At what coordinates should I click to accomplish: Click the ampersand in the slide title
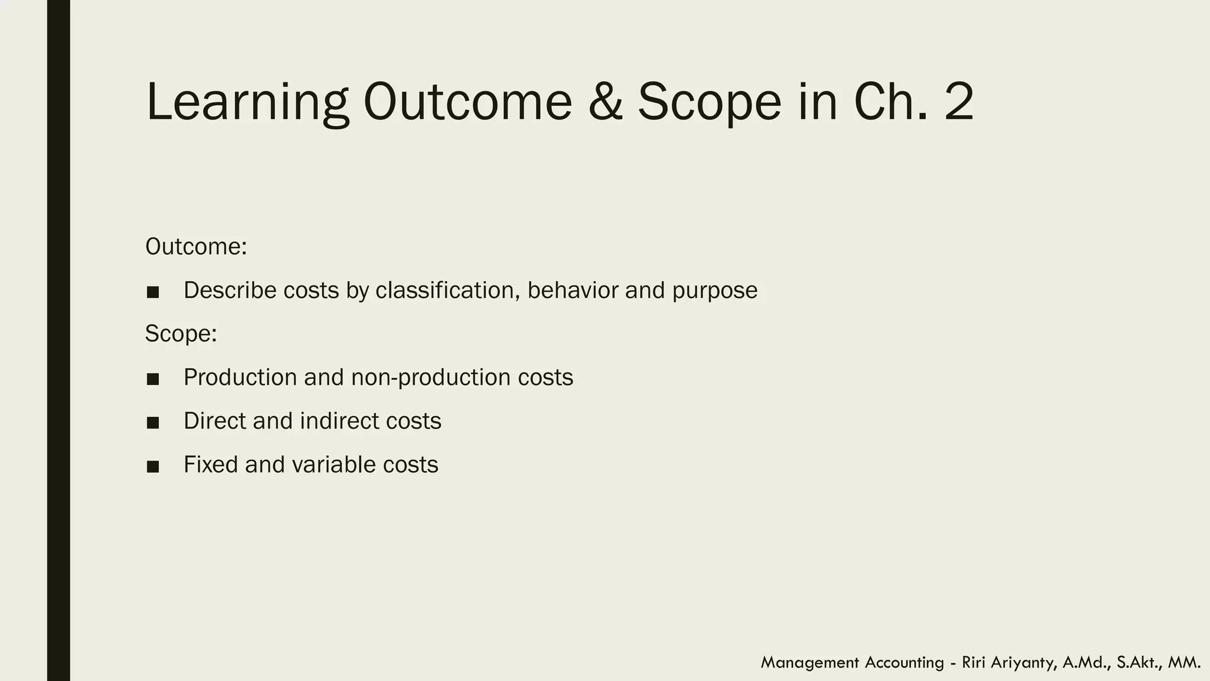(x=605, y=102)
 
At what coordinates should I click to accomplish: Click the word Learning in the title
(x=247, y=102)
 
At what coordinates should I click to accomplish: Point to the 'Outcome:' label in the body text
(x=196, y=247)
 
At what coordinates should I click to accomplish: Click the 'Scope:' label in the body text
(x=181, y=333)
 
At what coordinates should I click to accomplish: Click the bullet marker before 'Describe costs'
(x=153, y=292)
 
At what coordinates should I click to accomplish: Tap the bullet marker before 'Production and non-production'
(x=153, y=379)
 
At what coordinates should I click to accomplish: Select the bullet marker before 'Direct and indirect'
(x=153, y=423)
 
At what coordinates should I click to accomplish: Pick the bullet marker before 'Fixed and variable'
(x=153, y=466)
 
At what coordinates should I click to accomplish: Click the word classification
(x=447, y=290)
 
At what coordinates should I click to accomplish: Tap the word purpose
(x=714, y=290)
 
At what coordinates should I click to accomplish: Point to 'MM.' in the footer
(x=1184, y=663)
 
